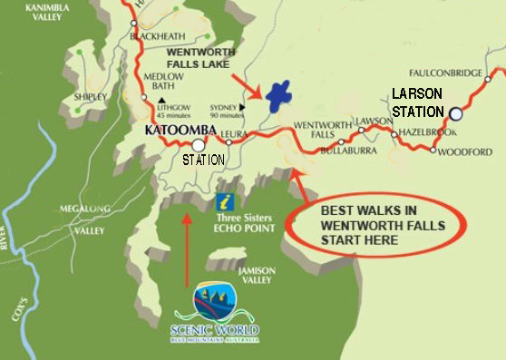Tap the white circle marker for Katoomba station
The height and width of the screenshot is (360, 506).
point(197,144)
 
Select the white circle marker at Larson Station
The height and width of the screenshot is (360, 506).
point(455,113)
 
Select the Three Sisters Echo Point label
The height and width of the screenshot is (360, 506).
point(245,223)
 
